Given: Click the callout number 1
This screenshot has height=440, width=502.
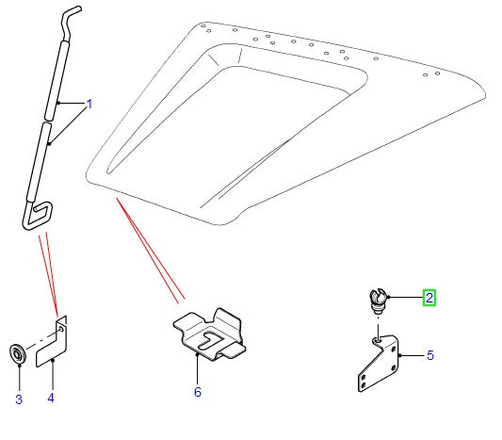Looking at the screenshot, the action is [x=89, y=104].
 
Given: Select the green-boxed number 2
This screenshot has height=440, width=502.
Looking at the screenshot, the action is [x=429, y=298].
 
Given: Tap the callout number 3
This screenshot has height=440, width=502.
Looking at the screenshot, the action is [x=19, y=399].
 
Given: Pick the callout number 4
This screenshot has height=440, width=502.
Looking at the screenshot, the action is [x=51, y=398].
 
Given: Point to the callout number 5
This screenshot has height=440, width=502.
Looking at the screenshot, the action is [x=430, y=355].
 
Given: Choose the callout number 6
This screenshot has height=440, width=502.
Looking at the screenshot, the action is [x=198, y=392].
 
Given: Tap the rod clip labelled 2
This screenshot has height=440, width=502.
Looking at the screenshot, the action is [x=378, y=301].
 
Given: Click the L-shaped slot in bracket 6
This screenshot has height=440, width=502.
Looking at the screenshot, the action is [x=211, y=341].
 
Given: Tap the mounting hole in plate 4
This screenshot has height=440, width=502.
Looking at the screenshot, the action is [x=60, y=329].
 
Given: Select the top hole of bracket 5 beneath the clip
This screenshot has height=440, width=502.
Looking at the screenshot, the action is [x=378, y=341].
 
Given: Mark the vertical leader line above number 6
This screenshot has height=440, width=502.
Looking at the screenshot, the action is [x=197, y=368].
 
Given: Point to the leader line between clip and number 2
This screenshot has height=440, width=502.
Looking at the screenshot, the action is [x=405, y=298].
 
